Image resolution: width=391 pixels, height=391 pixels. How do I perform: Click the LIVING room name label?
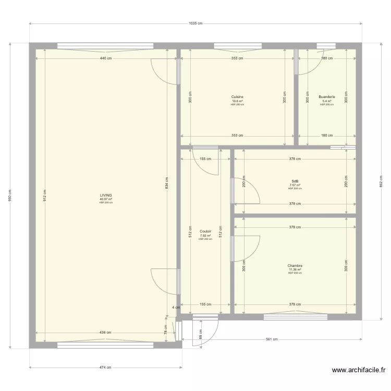[x=106, y=195]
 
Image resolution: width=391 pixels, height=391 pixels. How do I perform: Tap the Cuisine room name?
[x=237, y=97]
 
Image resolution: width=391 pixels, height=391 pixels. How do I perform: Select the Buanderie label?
[x=327, y=97]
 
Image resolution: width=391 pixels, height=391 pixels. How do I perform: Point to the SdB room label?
[x=295, y=181]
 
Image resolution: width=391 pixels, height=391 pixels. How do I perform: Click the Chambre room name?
[x=295, y=265]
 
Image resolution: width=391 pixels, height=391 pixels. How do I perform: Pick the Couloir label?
[x=205, y=231]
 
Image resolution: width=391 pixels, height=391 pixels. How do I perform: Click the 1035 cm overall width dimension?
[x=195, y=23]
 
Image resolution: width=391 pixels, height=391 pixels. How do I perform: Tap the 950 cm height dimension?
[x=10, y=195]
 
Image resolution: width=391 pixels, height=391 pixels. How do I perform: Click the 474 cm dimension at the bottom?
[x=106, y=368]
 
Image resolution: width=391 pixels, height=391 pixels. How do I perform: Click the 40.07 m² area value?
[x=106, y=199]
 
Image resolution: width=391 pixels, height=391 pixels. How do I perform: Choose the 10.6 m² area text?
[x=237, y=101]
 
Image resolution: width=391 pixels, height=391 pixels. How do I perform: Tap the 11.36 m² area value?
[x=295, y=270]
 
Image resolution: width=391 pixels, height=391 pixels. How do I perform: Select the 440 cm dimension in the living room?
[x=106, y=58]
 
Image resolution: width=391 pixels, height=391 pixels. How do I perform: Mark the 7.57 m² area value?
[x=295, y=185]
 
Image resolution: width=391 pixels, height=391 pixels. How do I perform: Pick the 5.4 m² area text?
[x=327, y=101]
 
